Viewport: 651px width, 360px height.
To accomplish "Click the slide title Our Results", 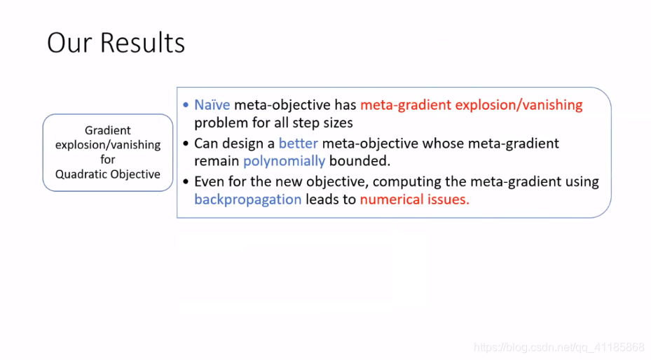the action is click(x=116, y=43).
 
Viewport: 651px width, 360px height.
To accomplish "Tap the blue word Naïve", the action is click(x=212, y=105).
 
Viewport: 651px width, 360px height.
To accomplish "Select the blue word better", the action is click(x=298, y=144).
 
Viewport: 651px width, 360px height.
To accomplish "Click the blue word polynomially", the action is click(x=284, y=161).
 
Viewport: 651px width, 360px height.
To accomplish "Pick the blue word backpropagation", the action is click(x=248, y=200).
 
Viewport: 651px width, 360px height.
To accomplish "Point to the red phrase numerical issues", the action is click(x=414, y=200).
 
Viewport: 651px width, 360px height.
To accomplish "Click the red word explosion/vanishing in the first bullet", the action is click(x=519, y=105).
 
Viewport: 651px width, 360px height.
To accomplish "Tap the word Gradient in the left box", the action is click(x=107, y=130).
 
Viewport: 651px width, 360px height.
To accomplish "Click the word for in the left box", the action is click(x=107, y=159).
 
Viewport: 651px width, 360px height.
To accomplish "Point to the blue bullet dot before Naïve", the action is click(x=186, y=105).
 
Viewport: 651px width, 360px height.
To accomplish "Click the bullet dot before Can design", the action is click(x=186, y=144).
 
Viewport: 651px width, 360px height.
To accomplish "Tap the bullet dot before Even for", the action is click(x=186, y=181).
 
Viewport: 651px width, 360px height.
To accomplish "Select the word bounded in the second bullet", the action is click(x=359, y=161).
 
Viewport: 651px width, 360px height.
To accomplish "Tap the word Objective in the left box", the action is click(x=134, y=174).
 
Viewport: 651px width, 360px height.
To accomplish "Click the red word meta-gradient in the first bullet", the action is click(x=406, y=105).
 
